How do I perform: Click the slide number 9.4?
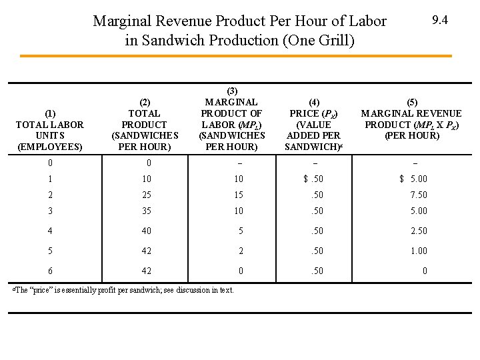click(440, 20)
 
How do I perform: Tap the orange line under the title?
click(236, 56)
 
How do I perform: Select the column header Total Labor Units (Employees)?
click(50, 130)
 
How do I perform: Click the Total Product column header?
click(145, 125)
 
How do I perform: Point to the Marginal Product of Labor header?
click(232, 119)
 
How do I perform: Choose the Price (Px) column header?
click(314, 125)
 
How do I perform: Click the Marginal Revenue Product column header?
click(411, 119)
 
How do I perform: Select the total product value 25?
click(147, 195)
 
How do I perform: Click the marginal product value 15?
click(239, 195)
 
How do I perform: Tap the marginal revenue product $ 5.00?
click(413, 179)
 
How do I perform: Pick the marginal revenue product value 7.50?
click(419, 195)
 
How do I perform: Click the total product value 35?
click(147, 211)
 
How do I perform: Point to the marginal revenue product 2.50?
click(419, 231)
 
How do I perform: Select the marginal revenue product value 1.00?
click(419, 251)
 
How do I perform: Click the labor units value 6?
click(50, 271)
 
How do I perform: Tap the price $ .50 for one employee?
click(313, 179)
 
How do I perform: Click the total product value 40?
click(147, 231)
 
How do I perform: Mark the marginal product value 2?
click(241, 251)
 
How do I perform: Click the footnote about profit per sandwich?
click(123, 290)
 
